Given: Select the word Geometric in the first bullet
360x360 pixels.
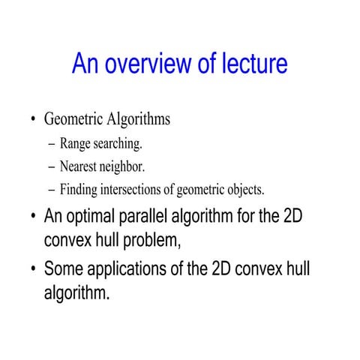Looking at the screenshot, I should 74,119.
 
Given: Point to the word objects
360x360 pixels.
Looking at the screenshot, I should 243,188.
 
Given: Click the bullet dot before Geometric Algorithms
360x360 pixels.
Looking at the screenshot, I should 33,121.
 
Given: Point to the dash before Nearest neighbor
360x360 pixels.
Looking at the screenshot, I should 52,166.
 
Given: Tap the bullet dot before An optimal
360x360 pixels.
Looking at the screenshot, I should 33,218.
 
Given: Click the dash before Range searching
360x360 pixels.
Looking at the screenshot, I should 52,144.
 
